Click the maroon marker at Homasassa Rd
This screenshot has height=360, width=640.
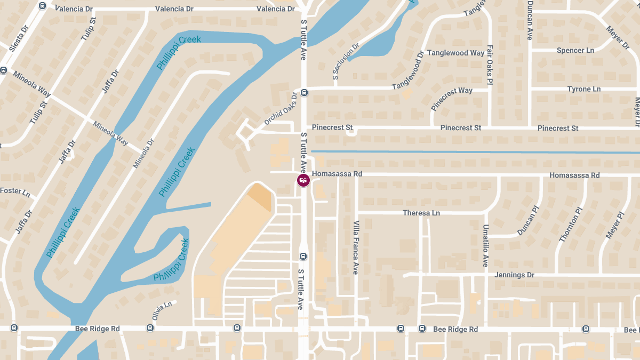(303, 180)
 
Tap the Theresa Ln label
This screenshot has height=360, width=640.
(421, 213)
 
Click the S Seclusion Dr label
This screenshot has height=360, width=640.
(346, 61)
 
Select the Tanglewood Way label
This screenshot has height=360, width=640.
(455, 53)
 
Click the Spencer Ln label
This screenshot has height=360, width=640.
(575, 50)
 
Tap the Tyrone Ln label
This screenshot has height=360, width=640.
(583, 89)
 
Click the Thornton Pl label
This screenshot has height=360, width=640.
(569, 228)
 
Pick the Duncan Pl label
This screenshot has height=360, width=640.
(529, 221)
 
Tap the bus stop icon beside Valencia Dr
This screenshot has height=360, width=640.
(43, 6)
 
